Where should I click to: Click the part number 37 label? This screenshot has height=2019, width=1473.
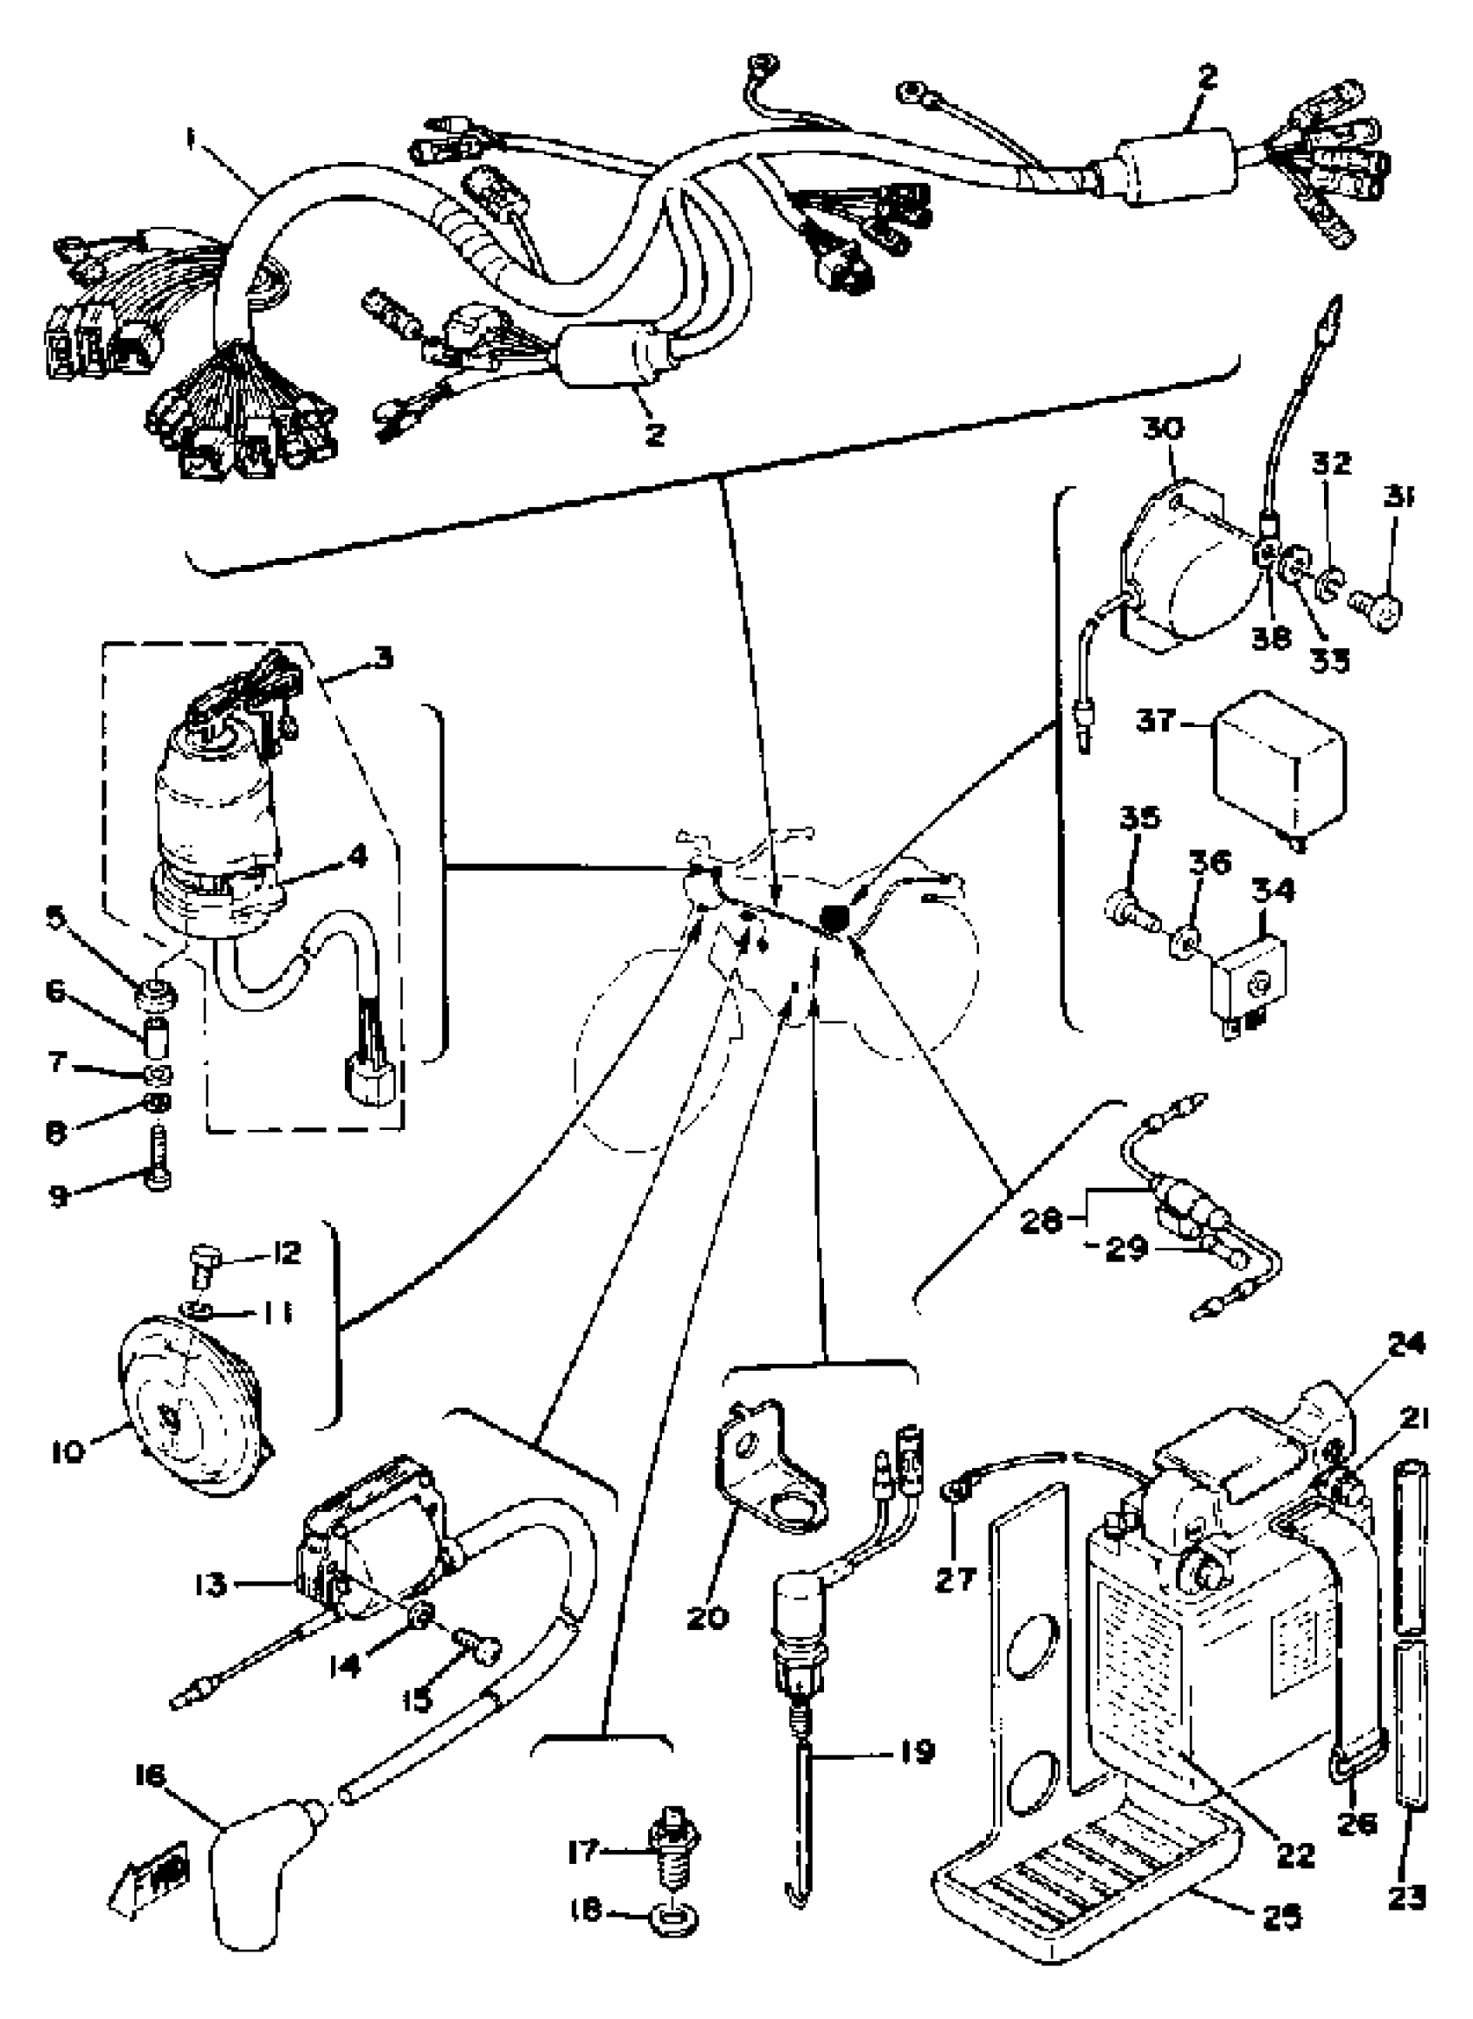tap(1157, 720)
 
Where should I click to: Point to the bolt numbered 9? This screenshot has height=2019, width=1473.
tap(158, 1159)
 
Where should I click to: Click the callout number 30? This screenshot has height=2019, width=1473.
tap(1163, 429)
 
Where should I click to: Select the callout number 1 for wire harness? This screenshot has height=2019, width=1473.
tap(190, 139)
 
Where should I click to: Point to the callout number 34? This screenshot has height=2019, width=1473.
tap(1272, 889)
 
